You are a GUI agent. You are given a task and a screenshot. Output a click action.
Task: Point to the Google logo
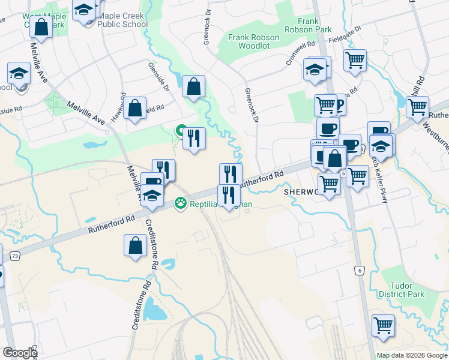tap(20, 353)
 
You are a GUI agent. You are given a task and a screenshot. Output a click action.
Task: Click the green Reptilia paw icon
tap(179, 204)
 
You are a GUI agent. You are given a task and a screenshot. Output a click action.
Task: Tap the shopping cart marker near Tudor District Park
tap(383, 326)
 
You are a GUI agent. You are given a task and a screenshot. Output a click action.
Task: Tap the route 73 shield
tap(14, 256)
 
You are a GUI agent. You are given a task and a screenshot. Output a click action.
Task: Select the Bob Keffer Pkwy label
tap(379, 180)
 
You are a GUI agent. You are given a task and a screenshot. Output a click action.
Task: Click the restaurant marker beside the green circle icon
tap(194, 139)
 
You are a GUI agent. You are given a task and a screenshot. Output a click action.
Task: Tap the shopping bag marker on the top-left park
tap(41, 27)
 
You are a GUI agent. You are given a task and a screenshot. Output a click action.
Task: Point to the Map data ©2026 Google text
tap(412, 355)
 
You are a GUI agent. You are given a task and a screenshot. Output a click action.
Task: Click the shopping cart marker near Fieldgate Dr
tap(355, 60)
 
